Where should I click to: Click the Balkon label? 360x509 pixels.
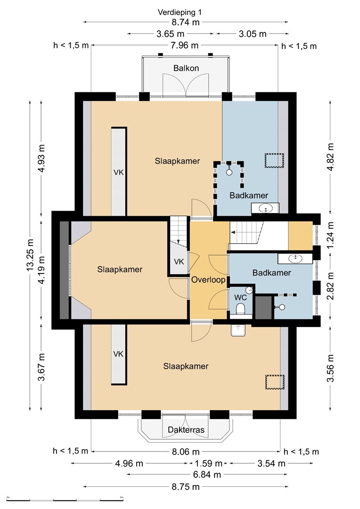pyautogui.click(x=186, y=68)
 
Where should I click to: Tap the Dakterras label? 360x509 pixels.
pyautogui.click(x=186, y=430)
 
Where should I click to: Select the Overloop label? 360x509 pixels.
pyautogui.click(x=208, y=280)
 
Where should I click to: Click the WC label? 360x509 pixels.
pyautogui.click(x=240, y=297)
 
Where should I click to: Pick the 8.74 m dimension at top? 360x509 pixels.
pyautogui.click(x=185, y=22)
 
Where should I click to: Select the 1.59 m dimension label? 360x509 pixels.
pyautogui.click(x=208, y=463)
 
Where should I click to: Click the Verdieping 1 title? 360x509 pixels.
pyautogui.click(x=180, y=12)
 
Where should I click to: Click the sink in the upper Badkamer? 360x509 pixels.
pyautogui.click(x=265, y=208)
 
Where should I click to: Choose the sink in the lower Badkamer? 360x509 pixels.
pyautogui.click(x=295, y=259)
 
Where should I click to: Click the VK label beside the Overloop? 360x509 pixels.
pyautogui.click(x=179, y=261)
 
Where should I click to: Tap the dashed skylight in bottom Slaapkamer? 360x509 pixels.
pyautogui.click(x=275, y=382)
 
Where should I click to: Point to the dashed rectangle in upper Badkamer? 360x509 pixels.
pyautogui.click(x=275, y=160)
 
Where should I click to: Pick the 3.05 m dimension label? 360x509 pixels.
pyautogui.click(x=253, y=34)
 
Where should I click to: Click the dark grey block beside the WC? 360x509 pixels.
pyautogui.click(x=263, y=307)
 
